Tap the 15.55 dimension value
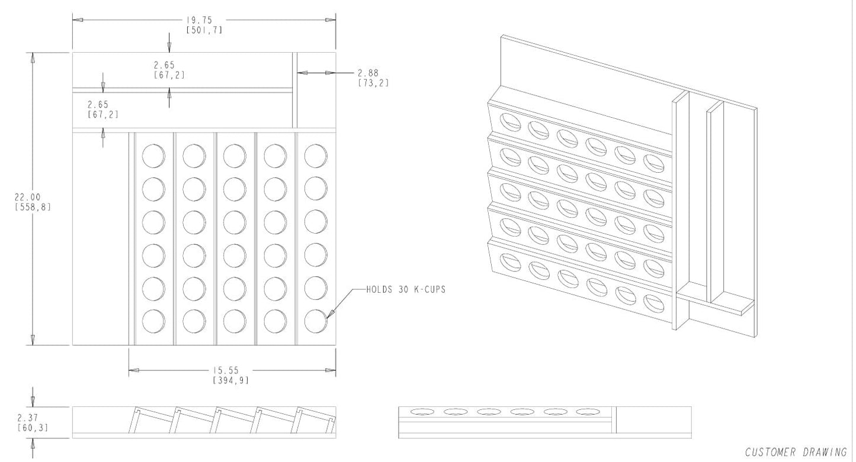click(x=230, y=370)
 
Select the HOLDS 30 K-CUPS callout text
click(x=406, y=290)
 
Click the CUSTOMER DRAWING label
click(x=796, y=453)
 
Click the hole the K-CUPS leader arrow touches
click(x=316, y=321)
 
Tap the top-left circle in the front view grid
click(x=153, y=156)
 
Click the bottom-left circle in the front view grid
click(x=153, y=321)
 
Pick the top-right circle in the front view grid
click(x=316, y=156)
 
